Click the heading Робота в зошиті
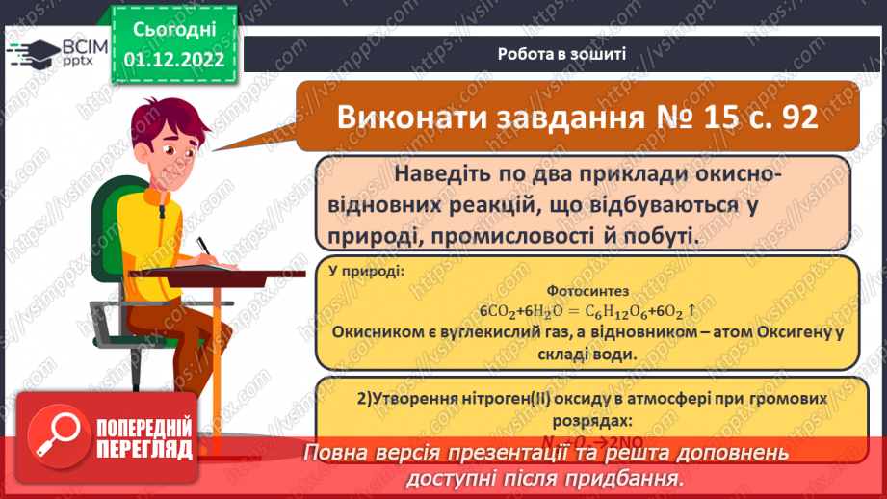(x=562, y=53)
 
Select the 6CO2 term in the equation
(x=500, y=311)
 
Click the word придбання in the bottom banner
(x=627, y=479)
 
